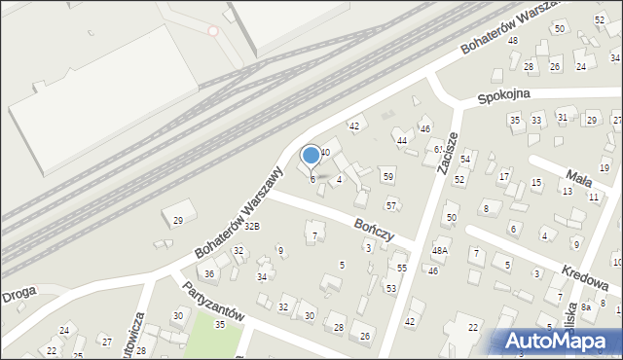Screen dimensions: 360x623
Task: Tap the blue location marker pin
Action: coord(311,156)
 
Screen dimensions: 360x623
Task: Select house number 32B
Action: coord(252,226)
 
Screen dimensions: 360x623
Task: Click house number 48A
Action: coord(440,250)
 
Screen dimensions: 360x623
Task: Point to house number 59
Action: coord(387,176)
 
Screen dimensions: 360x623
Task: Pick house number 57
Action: coord(391,205)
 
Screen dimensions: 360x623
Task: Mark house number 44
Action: coord(402,141)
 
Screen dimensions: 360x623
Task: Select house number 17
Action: coord(504,177)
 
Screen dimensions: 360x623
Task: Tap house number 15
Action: coord(536,183)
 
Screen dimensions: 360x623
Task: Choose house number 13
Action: coord(567,192)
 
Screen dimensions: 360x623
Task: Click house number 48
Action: coord(513,40)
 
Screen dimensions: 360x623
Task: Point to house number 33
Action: coord(536,120)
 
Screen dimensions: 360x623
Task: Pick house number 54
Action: coord(465,159)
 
